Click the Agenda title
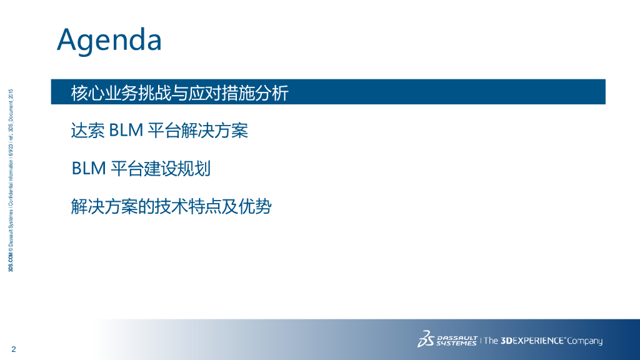pos(109,40)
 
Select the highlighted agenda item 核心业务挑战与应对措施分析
pos(179,93)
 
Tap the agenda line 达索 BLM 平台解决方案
pos(159,131)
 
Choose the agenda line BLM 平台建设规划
pos(141,169)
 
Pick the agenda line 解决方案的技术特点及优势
pos(171,206)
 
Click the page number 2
pos(14,349)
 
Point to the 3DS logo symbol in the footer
pos(426,339)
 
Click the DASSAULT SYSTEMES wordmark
pos(457,341)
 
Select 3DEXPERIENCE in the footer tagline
pos(532,341)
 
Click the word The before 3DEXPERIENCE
pos(491,341)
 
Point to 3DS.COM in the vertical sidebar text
pos(11,262)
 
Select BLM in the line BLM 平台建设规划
pos(89,169)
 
